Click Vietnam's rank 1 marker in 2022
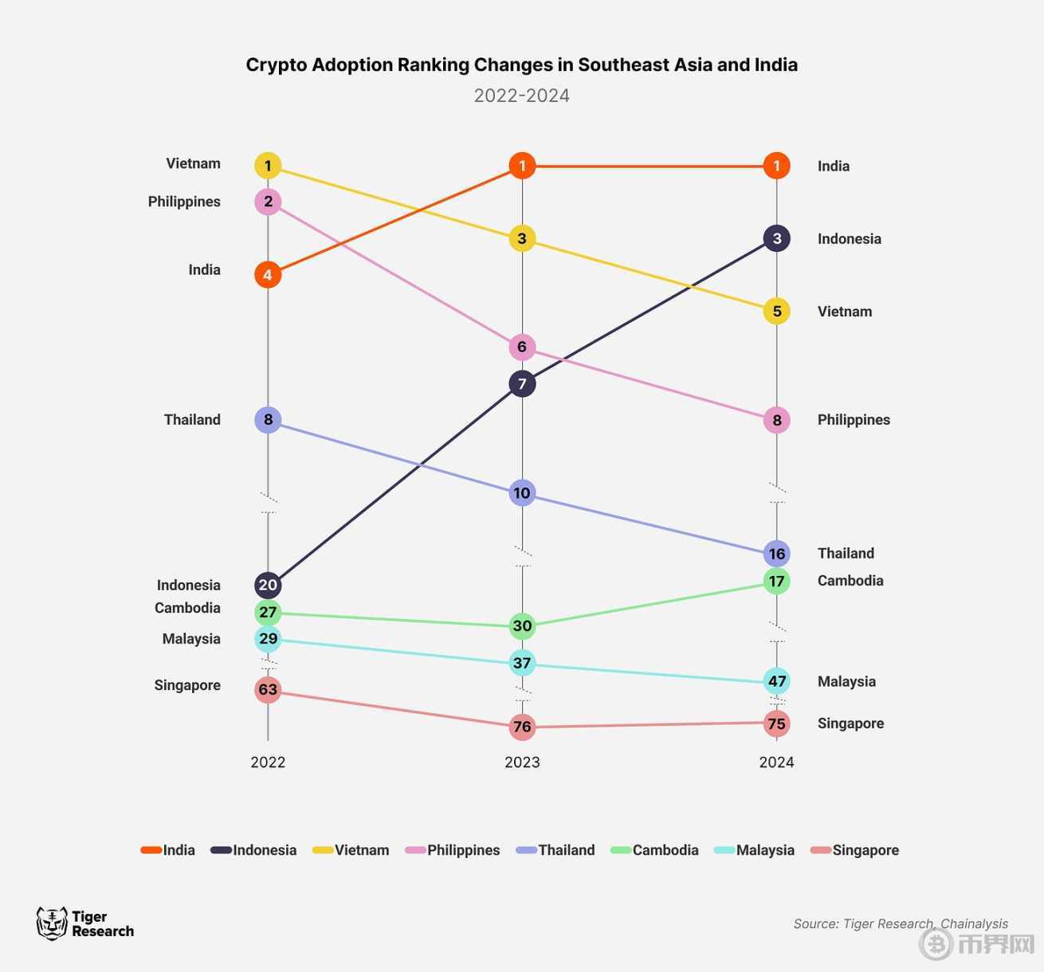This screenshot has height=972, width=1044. click(x=268, y=166)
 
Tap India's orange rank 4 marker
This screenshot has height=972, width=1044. click(x=268, y=275)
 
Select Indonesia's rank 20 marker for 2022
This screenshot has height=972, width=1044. click(x=268, y=586)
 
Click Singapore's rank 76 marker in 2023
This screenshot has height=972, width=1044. click(x=522, y=727)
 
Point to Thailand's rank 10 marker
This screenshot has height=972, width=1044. click(x=522, y=493)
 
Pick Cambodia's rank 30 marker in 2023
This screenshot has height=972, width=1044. click(x=522, y=626)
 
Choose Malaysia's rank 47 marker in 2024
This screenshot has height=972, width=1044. click(x=776, y=681)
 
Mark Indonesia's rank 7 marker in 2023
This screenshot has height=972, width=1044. click(x=522, y=384)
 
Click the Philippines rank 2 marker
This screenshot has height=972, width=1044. click(x=268, y=202)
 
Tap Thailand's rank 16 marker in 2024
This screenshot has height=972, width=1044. click(x=776, y=554)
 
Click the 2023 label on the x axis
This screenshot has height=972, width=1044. click(x=522, y=762)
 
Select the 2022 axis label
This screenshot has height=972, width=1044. click(x=268, y=762)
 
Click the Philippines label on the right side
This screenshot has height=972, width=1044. click(x=854, y=420)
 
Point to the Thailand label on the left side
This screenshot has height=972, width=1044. click(x=192, y=420)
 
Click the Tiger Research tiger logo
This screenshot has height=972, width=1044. click(x=52, y=923)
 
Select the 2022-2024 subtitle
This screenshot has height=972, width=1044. click(x=521, y=96)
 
